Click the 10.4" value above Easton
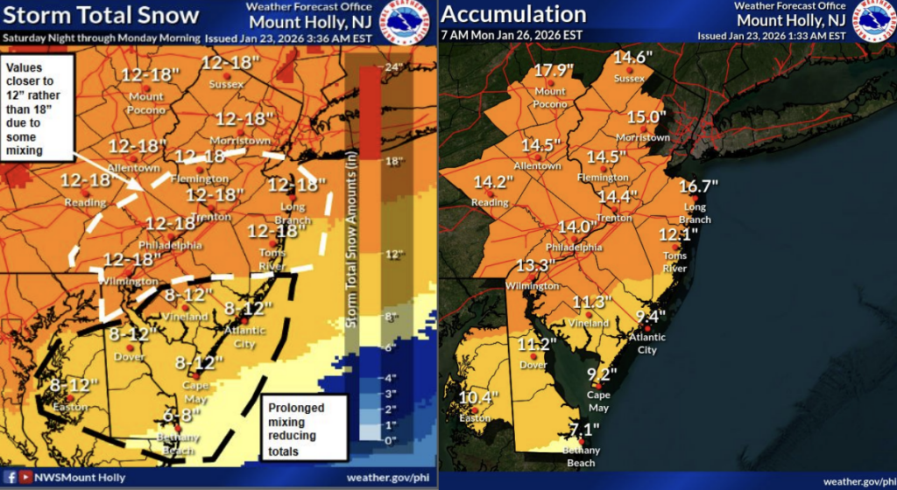pos(478,397)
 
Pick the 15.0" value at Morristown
pos(646,116)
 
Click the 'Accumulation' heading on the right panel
pos(514,14)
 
